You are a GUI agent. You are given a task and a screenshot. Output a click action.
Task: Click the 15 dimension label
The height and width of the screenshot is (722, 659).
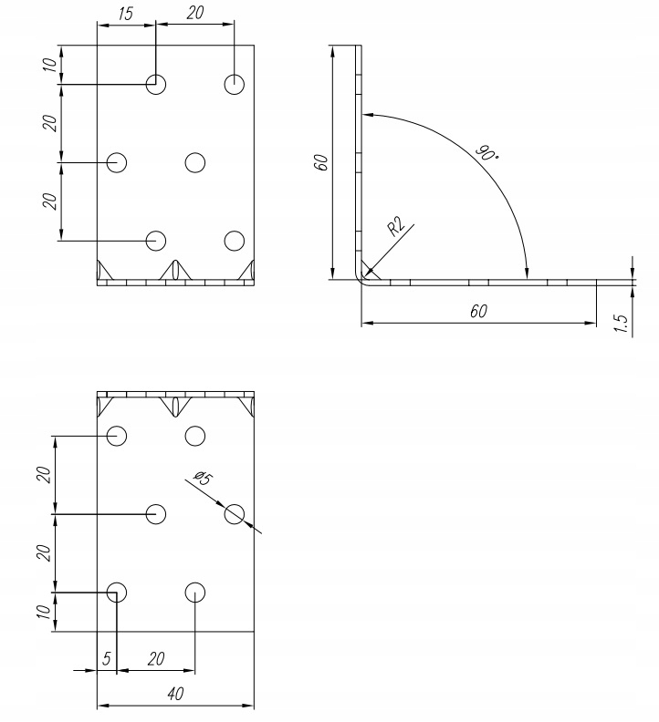pyautogui.click(x=126, y=14)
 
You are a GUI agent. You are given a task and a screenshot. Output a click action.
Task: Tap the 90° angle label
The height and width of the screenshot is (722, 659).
pyautogui.click(x=487, y=152)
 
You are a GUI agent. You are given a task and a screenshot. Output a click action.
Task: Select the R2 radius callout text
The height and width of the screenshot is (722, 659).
pyautogui.click(x=396, y=227)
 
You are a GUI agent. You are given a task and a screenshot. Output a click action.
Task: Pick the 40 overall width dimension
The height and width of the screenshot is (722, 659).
pyautogui.click(x=175, y=694)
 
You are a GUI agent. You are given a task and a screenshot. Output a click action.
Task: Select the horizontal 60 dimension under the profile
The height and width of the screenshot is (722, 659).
pyautogui.click(x=478, y=311)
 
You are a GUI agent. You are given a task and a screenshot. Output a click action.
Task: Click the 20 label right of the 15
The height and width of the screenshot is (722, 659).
pyautogui.click(x=195, y=14)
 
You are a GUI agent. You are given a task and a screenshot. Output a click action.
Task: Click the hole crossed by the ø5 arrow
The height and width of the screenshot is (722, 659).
pyautogui.click(x=235, y=514)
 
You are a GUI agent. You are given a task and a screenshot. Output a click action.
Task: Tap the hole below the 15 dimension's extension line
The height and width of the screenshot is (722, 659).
pyautogui.click(x=156, y=85)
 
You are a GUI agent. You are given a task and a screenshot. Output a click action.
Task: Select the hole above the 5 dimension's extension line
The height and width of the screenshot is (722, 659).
pyautogui.click(x=117, y=592)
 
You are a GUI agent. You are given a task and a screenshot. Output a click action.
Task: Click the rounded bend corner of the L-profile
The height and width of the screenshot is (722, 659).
pyautogui.click(x=362, y=276)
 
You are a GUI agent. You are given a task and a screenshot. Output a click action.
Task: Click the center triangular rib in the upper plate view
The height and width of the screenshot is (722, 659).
pyautogui.click(x=175, y=270)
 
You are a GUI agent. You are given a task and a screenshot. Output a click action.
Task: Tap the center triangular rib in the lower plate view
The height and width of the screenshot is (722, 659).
pyautogui.click(x=175, y=405)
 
